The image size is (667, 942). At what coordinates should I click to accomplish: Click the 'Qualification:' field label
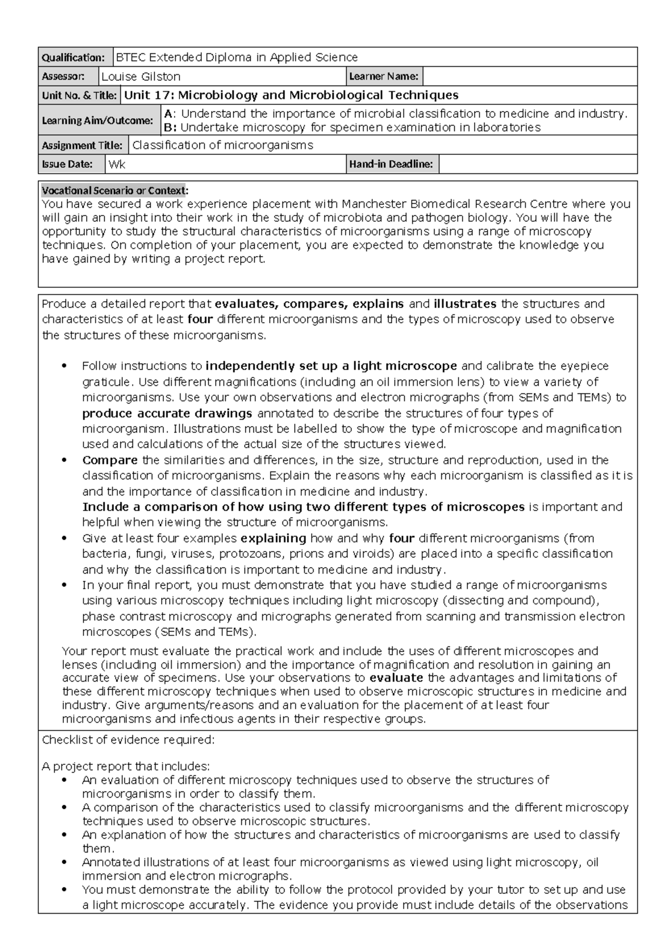click(73, 58)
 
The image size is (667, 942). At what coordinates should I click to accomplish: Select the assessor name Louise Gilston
click(141, 77)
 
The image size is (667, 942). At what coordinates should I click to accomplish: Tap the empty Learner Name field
click(530, 77)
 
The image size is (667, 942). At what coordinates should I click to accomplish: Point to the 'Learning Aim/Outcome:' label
click(97, 121)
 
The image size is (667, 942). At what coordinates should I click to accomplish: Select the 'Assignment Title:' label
click(82, 146)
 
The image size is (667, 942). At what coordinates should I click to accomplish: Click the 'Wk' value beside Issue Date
click(117, 164)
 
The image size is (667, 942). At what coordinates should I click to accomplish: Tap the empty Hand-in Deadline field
click(537, 164)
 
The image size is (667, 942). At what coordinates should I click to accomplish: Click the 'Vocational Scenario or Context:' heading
click(115, 191)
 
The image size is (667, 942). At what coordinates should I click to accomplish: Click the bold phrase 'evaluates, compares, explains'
click(310, 304)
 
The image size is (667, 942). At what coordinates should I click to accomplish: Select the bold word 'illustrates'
click(465, 304)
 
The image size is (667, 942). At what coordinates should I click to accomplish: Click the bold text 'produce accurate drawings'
click(167, 413)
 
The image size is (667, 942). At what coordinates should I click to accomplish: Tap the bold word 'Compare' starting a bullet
click(110, 460)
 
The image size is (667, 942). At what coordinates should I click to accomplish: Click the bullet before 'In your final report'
click(66, 585)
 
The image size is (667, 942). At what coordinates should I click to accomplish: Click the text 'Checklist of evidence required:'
click(128, 740)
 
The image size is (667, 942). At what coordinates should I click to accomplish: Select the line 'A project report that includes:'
click(126, 767)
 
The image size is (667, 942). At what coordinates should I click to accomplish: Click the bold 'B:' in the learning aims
click(170, 128)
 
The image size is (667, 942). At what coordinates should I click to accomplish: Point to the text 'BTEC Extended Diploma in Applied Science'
click(237, 57)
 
